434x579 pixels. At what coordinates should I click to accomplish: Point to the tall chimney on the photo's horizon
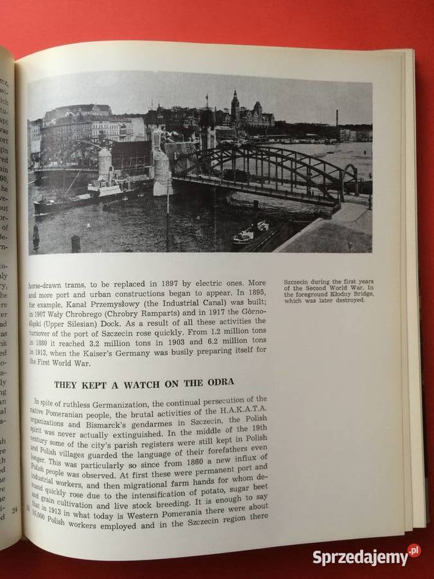[337, 118]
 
